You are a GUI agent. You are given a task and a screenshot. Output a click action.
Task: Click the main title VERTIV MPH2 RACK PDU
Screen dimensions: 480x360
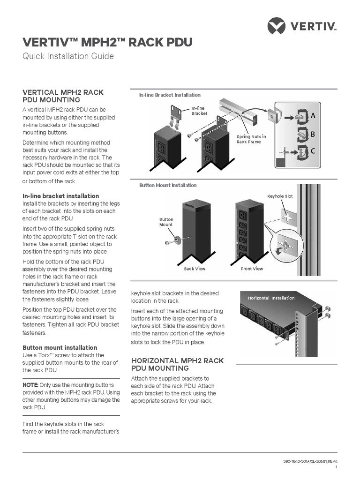coord(107,42)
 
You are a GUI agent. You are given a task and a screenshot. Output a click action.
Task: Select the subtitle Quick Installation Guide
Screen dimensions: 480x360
coord(68,56)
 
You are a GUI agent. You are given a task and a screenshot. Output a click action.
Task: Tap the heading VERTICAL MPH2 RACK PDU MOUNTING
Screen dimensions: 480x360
coord(63,96)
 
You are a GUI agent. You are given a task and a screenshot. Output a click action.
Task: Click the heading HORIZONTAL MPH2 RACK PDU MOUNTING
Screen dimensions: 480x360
coord(177,365)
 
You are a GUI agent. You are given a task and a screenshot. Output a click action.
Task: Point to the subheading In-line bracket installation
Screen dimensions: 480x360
coord(60,196)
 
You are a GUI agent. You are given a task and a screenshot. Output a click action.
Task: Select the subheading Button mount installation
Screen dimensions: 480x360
coord(60,348)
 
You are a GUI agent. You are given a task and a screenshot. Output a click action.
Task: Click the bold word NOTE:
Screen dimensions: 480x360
coord(30,385)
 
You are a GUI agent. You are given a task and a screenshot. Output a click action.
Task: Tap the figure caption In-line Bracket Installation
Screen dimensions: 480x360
coord(170,95)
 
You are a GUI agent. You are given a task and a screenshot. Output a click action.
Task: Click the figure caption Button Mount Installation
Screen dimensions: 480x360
coord(168,186)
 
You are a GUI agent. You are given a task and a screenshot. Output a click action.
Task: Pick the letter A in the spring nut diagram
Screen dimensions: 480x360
coord(313,115)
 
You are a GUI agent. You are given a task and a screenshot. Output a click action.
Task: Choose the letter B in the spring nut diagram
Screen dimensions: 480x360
coord(313,134)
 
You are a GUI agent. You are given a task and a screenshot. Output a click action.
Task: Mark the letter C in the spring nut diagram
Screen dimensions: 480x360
coord(313,151)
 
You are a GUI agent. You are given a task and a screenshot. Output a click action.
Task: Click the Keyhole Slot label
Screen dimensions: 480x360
coord(280,196)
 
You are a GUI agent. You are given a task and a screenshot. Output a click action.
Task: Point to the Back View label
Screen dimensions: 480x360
coord(195,269)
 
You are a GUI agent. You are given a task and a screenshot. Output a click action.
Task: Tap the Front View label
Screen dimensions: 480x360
coord(252,269)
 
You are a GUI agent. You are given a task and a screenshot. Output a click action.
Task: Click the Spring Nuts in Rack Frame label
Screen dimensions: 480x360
coord(251,139)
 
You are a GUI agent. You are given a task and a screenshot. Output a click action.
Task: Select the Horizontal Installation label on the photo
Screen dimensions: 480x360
coord(271,298)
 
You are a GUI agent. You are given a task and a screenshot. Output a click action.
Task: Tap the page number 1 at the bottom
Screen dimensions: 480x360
coord(336,468)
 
